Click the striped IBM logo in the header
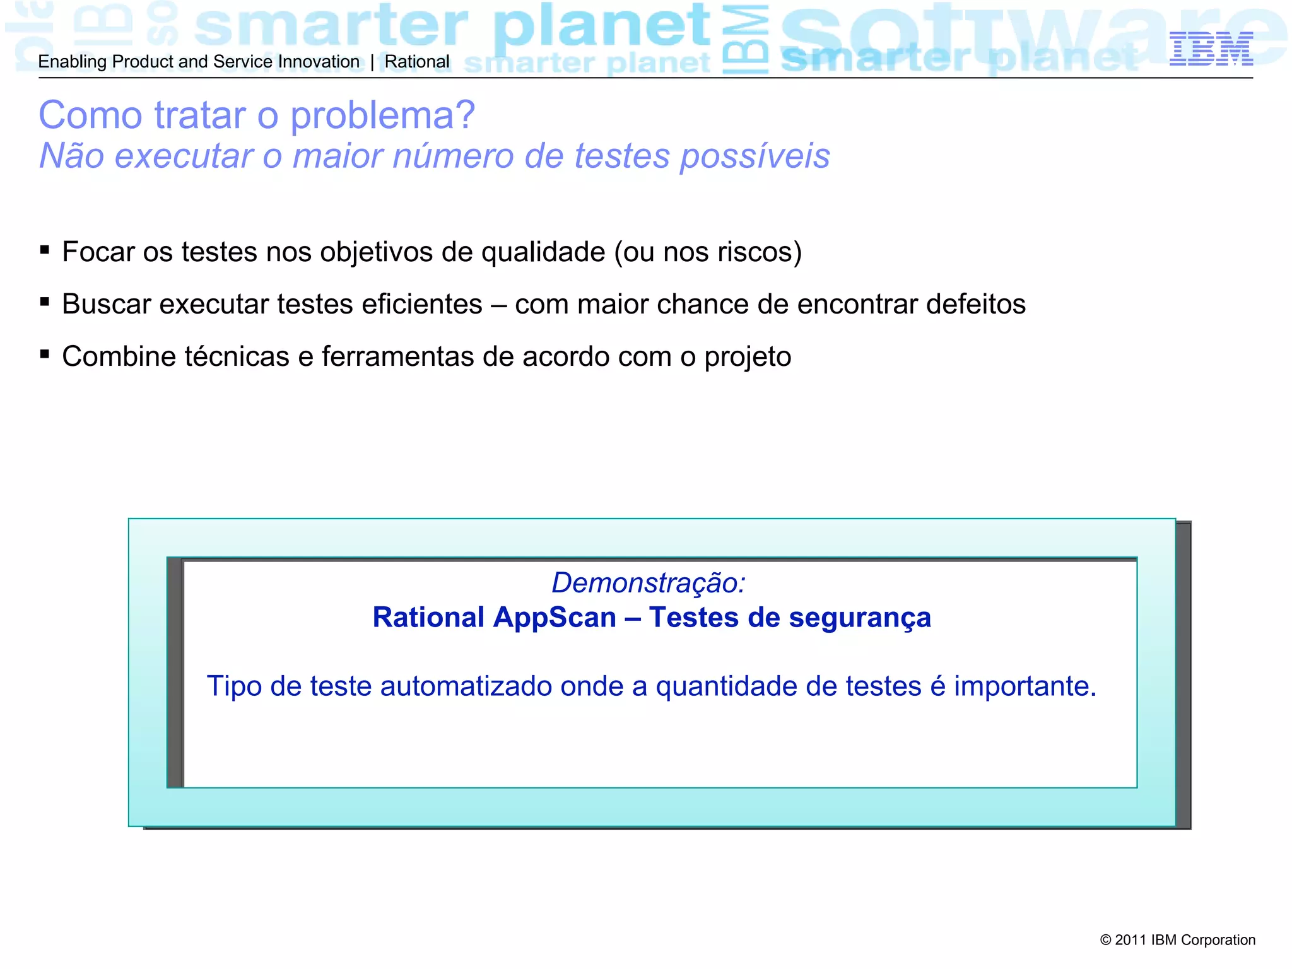click(1211, 49)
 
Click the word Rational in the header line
click(417, 62)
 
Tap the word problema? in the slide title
click(382, 116)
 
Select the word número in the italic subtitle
click(453, 156)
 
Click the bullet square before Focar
click(45, 250)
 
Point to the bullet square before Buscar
click(45, 302)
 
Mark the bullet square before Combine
click(45, 355)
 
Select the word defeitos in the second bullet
click(975, 305)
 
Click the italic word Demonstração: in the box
click(649, 583)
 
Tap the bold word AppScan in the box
click(555, 618)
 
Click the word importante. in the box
click(1025, 687)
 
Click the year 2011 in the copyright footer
click(1130, 940)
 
